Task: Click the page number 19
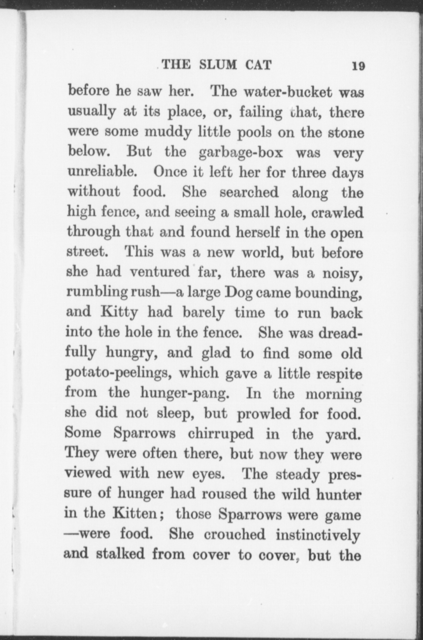(x=358, y=66)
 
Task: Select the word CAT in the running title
(x=258, y=65)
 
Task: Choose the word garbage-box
(x=241, y=153)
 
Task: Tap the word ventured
(x=160, y=272)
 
